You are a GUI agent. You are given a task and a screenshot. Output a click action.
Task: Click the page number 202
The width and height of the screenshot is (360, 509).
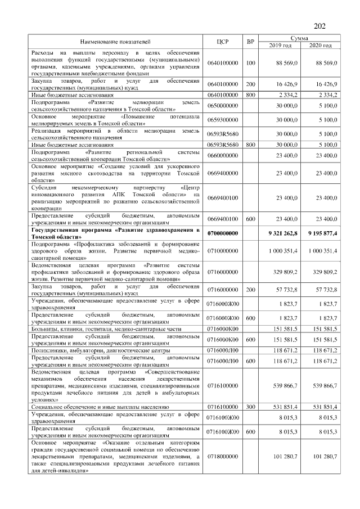click(319, 25)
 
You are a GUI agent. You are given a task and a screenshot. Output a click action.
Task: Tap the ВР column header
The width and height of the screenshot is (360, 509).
click(251, 41)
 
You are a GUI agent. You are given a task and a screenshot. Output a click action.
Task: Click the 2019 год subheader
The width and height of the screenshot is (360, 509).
click(280, 45)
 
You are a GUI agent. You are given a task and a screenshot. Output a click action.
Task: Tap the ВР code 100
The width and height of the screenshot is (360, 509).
click(251, 63)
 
